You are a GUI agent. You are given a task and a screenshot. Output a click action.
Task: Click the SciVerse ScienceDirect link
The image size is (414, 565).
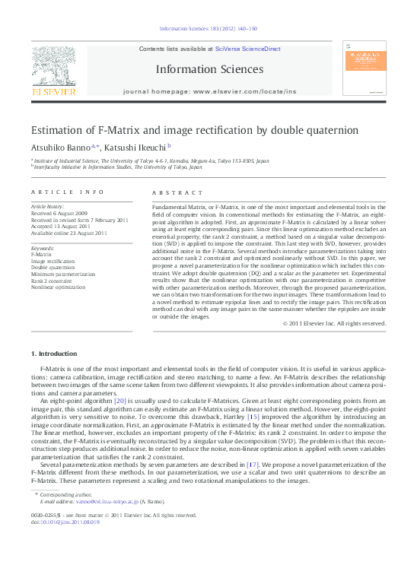point(247,49)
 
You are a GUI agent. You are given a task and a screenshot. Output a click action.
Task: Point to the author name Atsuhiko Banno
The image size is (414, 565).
point(60,147)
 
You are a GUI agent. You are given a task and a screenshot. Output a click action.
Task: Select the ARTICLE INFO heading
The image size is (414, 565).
point(67,192)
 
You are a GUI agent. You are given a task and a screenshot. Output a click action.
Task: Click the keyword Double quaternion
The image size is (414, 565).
point(53,268)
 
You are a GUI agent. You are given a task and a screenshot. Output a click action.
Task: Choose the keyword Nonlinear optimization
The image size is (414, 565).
point(58,287)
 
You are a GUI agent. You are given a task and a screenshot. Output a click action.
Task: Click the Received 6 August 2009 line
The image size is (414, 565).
point(59,214)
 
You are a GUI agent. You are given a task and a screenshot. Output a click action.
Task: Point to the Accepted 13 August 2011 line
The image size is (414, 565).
point(59,226)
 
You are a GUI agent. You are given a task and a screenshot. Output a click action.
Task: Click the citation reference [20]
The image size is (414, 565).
point(119,400)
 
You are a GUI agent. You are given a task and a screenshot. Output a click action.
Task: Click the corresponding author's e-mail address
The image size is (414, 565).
point(101,502)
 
